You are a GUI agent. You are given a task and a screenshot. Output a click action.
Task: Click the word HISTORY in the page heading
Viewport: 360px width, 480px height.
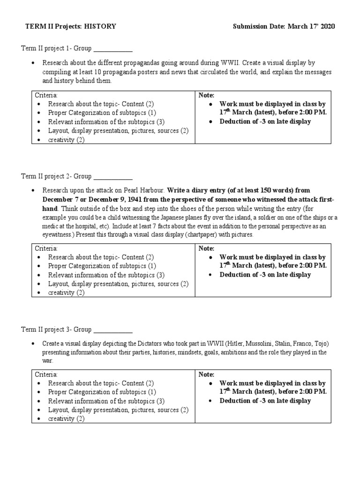100,27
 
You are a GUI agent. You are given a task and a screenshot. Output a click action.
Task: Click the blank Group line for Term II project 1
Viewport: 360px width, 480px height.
113,48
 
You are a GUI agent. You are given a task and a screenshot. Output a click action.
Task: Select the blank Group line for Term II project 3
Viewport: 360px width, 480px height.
113,330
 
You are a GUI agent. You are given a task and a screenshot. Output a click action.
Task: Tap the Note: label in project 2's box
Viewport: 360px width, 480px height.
206,248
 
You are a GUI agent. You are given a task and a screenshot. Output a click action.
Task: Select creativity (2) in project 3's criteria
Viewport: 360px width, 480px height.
66,419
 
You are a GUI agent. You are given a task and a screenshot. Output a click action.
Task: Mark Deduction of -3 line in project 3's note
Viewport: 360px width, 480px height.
265,401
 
